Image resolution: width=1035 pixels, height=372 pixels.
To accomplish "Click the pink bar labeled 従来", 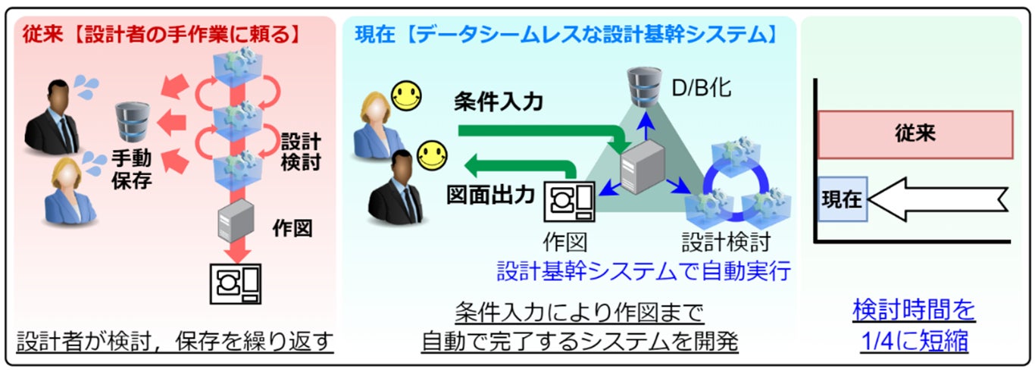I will [x=915, y=134].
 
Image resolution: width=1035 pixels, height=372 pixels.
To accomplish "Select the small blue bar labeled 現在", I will [x=842, y=199].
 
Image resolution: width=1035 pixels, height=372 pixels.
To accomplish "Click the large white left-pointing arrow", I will [x=940, y=199].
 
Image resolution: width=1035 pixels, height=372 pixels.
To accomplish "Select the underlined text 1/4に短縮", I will [x=914, y=340].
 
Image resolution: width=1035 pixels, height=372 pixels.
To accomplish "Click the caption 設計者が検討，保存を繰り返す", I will [x=175, y=342].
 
